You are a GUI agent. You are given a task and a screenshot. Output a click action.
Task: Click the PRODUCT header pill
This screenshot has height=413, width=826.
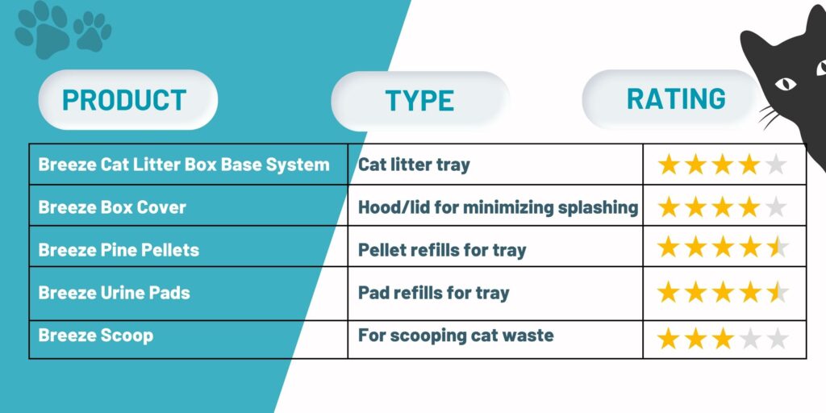tap(128, 99)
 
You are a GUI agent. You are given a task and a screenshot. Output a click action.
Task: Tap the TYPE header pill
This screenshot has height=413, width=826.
tap(419, 101)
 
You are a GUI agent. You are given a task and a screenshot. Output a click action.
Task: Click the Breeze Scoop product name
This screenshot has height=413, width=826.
tap(96, 335)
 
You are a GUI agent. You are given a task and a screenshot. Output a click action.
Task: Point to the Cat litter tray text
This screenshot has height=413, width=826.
tap(414, 165)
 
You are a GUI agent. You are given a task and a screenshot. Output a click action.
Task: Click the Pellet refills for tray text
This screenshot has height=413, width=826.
tap(443, 250)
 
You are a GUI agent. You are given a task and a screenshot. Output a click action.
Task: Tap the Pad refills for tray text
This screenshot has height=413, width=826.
tap(433, 292)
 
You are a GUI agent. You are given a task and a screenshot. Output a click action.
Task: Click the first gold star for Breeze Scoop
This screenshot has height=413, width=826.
tap(669, 339)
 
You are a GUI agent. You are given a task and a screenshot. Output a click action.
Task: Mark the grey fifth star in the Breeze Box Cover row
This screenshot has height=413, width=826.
tap(776, 207)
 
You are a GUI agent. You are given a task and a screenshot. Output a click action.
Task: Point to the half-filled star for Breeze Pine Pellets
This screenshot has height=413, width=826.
tap(777, 247)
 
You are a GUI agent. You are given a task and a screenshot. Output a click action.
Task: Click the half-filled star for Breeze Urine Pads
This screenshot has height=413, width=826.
tap(777, 292)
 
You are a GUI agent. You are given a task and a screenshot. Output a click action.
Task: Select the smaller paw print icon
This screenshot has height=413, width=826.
tap(92, 31)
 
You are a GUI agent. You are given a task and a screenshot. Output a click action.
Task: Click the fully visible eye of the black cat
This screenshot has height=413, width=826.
tap(786, 83)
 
